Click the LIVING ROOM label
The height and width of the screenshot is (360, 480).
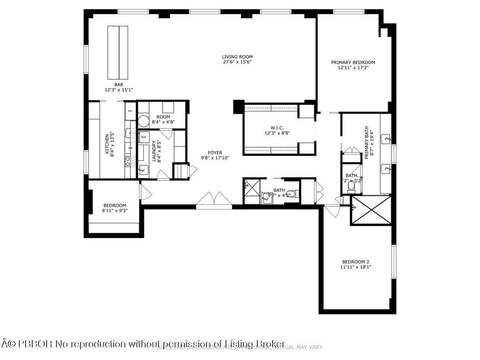(237, 57)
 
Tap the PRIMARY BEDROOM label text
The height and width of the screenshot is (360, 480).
(353, 63)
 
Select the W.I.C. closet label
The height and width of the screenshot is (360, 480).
(271, 127)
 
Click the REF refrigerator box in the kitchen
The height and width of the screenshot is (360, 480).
(130, 111)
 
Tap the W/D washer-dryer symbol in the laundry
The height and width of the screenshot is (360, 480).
(143, 137)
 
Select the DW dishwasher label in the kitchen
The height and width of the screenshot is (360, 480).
(130, 148)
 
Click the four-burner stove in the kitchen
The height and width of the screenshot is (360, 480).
(130, 161)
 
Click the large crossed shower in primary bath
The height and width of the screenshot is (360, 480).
(370, 210)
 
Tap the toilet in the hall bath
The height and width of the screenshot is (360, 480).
(291, 194)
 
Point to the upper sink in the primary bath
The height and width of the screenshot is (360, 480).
(386, 139)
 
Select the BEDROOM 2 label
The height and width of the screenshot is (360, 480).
(356, 262)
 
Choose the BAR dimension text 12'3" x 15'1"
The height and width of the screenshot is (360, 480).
(119, 90)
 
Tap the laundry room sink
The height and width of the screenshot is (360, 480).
(143, 169)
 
